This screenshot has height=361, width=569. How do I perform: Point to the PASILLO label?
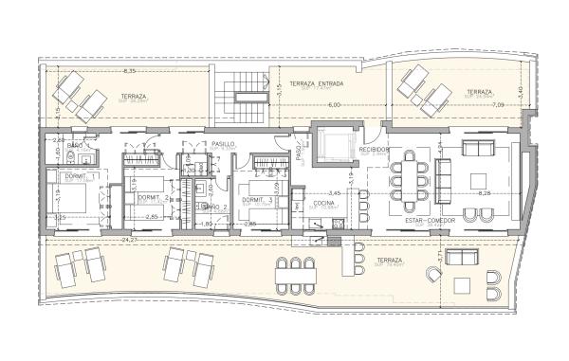[223, 142]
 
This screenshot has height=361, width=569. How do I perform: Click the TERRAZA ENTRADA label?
[317, 83]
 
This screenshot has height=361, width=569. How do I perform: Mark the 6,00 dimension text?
[334, 104]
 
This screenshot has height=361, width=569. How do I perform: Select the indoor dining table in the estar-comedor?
[409, 179]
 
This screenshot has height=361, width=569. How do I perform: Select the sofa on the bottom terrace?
[461, 258]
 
